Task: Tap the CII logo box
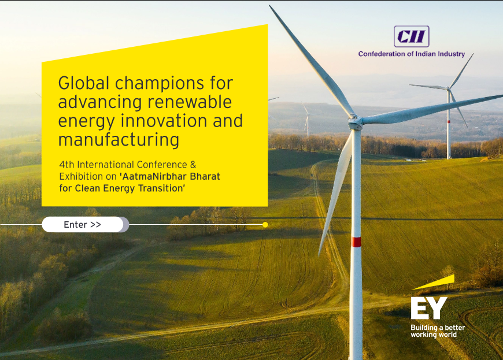click(412, 36)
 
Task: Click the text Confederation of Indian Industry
click(412, 54)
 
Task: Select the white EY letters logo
click(429, 308)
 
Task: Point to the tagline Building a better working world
click(438, 331)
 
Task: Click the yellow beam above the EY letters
click(434, 283)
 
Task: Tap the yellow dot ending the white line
click(265, 225)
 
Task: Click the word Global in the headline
click(84, 83)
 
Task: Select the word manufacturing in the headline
click(119, 140)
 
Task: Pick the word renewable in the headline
click(190, 102)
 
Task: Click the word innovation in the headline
click(164, 121)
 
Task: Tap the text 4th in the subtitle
click(66, 165)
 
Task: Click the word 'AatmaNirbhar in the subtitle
click(153, 177)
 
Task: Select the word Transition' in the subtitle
click(162, 188)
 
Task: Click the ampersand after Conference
click(193, 165)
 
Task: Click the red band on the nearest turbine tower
click(356, 242)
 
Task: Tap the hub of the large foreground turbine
click(356, 122)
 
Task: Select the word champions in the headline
click(160, 83)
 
